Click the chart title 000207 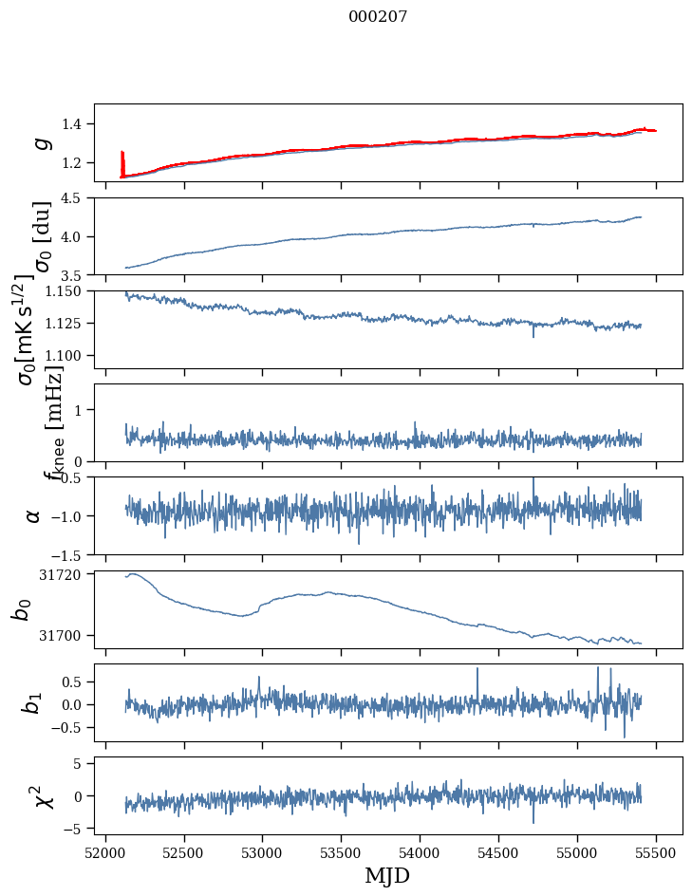[x=378, y=16]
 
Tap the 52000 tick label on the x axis [x=105, y=851]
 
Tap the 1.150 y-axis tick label [x=68, y=291]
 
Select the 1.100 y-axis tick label [x=68, y=355]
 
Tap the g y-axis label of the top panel [x=41, y=142]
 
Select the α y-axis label [x=34, y=515]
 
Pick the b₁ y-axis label [x=34, y=702]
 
